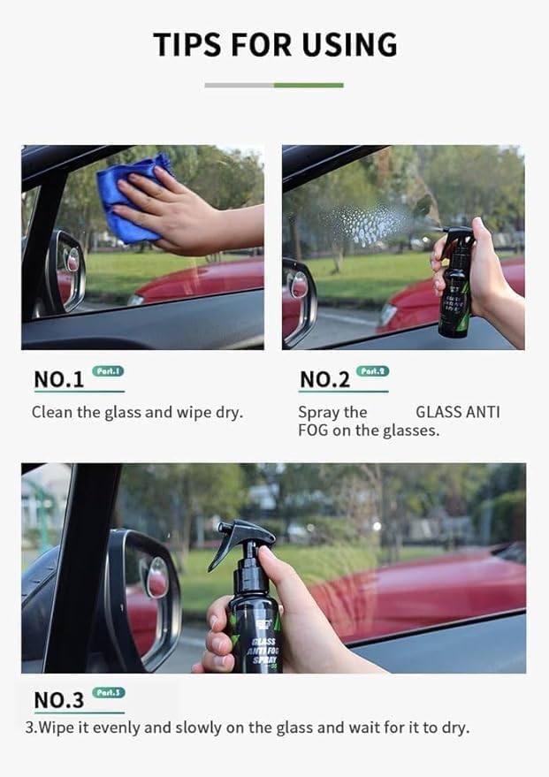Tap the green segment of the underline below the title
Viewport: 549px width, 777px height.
[x=309, y=85]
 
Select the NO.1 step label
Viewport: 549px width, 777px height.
[x=58, y=380]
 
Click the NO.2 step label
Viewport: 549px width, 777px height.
[x=324, y=380]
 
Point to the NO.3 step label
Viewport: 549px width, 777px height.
[x=58, y=700]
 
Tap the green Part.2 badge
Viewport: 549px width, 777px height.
[x=372, y=371]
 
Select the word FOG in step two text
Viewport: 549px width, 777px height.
[x=314, y=430]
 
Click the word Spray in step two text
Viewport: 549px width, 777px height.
[x=319, y=412]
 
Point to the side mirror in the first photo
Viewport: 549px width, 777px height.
[x=68, y=270]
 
